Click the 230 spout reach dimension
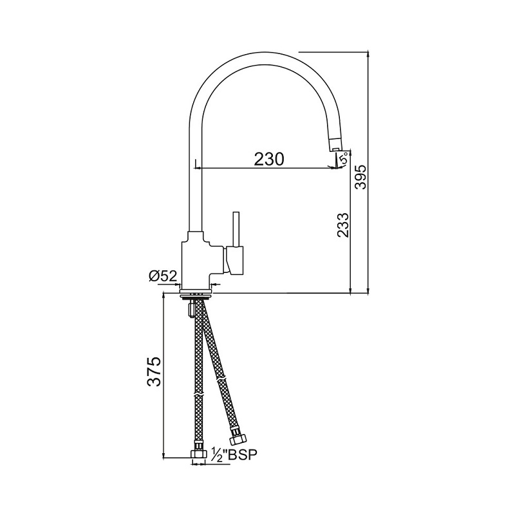tap(268, 159)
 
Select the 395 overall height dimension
tap(361, 177)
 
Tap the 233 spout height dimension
tap(342, 225)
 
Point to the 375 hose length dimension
tap(154, 371)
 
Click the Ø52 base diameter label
tap(164, 276)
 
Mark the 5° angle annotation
tap(344, 158)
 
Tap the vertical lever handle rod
tap(236, 229)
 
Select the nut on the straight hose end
tap(198, 454)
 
